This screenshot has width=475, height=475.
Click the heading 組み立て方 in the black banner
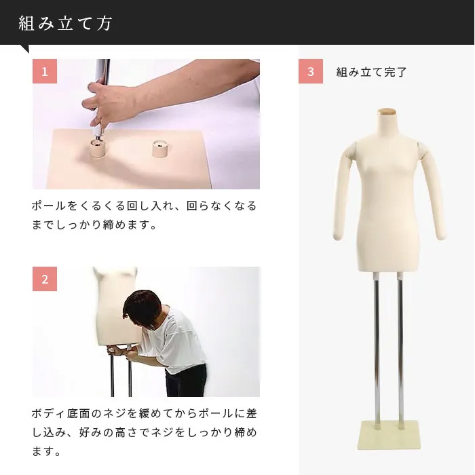pos(65,23)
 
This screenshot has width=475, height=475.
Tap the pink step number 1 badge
pos(45,71)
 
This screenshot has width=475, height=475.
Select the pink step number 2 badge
pos(45,279)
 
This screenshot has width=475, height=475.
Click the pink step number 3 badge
pos(311,71)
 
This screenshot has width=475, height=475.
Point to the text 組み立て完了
pos(371,72)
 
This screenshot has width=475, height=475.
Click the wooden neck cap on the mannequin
pos(387,111)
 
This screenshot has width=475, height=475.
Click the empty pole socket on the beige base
pos(160,149)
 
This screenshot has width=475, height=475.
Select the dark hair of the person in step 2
pos(142,306)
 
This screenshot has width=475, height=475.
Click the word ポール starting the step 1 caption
pos(48,206)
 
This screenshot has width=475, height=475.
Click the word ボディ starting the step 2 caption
pos(48,413)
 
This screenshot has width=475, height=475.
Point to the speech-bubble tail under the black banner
pos(24,48)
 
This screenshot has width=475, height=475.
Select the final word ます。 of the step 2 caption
pos(46,451)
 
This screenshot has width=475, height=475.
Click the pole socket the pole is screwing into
pos(99,149)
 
